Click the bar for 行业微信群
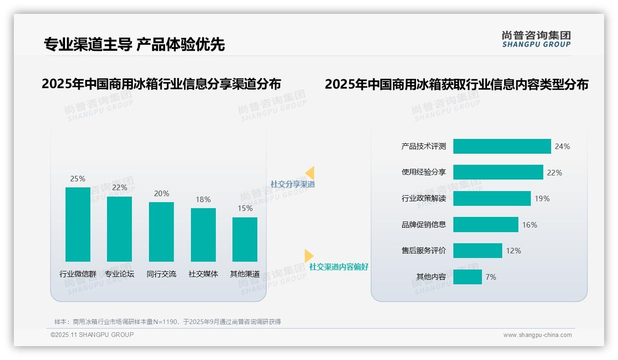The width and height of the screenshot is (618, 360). click(77, 224)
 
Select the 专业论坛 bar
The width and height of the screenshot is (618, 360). click(119, 229)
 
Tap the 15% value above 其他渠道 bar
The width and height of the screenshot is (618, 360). click(245, 209)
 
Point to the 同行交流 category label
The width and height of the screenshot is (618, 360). click(161, 274)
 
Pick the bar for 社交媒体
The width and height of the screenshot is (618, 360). click(203, 234)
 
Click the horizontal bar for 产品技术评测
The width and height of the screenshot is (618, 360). click(502, 146)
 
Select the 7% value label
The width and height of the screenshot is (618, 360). click(491, 277)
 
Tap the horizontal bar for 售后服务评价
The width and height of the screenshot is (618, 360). click(477, 251)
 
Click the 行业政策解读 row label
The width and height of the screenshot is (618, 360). click(423, 198)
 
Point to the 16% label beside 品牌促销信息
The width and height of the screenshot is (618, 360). click(529, 225)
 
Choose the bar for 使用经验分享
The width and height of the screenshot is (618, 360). click(498, 172)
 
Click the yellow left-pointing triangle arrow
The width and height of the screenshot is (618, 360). click(310, 173)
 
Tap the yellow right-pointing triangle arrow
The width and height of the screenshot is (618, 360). click(309, 256)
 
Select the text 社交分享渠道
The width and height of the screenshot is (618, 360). click(292, 184)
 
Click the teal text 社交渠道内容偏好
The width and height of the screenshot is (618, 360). click(339, 267)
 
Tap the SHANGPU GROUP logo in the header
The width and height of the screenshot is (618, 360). click(536, 39)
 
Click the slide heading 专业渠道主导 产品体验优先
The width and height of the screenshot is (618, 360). click(134, 44)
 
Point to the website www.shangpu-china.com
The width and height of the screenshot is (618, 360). click(537, 335)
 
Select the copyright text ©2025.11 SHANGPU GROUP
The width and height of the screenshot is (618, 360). click(92, 335)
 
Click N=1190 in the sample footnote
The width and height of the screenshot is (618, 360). click(165, 322)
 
